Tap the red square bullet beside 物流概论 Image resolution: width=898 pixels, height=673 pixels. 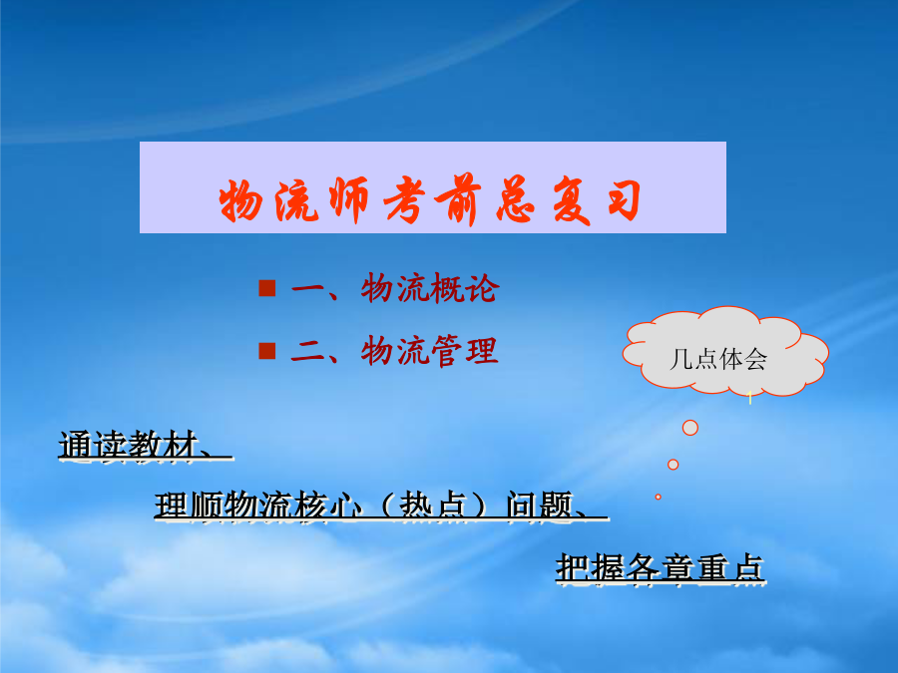(266, 288)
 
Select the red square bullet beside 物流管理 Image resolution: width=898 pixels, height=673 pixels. (266, 351)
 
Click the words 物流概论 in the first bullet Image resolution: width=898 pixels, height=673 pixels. (429, 288)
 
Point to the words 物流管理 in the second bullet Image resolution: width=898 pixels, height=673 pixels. (429, 351)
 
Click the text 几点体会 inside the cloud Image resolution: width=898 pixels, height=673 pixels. (718, 359)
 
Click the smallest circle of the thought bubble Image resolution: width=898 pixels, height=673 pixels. (659, 497)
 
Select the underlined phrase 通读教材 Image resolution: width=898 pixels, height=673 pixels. (129, 445)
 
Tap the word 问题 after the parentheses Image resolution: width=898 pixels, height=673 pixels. (540, 505)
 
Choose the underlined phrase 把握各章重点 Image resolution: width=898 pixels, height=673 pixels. (661, 567)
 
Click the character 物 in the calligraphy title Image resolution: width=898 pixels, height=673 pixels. (240, 199)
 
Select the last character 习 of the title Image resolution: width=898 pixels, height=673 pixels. (624, 199)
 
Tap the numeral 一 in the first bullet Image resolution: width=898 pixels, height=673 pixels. (309, 288)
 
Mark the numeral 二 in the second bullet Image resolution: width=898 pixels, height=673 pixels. (308, 351)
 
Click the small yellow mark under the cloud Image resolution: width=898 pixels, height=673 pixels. (749, 397)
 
